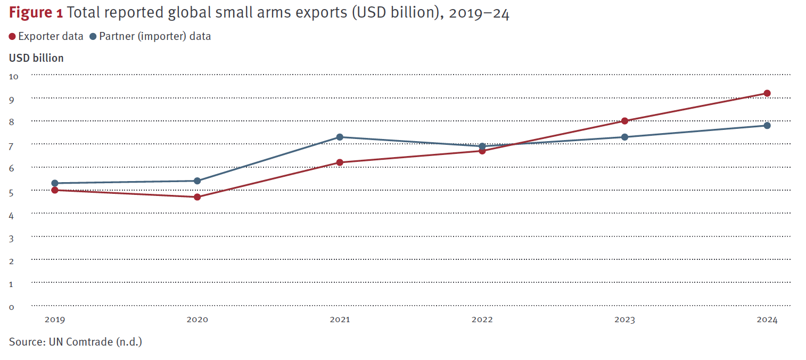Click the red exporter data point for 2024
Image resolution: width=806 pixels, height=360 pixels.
click(767, 93)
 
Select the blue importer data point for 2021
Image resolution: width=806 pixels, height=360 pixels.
click(340, 137)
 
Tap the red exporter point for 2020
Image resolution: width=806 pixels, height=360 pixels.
click(198, 197)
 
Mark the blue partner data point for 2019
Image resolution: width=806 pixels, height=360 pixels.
click(55, 183)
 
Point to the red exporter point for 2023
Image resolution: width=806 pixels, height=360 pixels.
click(624, 121)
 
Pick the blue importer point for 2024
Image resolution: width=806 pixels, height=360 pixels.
click(767, 126)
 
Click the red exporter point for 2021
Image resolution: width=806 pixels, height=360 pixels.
click(340, 162)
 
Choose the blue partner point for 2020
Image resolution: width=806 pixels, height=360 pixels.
click(198, 181)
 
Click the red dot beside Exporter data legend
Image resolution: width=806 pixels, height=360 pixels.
click(13, 37)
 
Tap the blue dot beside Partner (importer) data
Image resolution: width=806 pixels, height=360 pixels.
click(93, 37)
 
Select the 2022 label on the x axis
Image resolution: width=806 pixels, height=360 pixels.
click(482, 320)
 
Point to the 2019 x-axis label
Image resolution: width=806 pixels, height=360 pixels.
click(55, 320)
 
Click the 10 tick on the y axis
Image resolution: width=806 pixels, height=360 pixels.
click(14, 77)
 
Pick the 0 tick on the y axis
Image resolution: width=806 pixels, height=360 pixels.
click(12, 307)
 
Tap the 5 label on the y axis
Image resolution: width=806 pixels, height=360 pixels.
click(12, 192)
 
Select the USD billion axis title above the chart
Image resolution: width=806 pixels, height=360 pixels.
click(36, 58)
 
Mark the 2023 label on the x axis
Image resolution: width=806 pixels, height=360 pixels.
click(624, 320)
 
